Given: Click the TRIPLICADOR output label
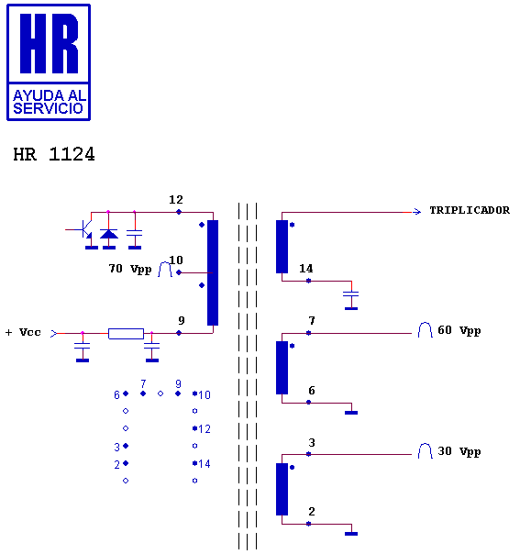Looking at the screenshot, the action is point(470,211).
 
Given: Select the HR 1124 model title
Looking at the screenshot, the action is point(54,154).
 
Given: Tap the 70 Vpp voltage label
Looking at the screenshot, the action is point(130,269).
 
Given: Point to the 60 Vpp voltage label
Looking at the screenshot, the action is point(459,330).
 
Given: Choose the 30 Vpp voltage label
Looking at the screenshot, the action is point(459,451).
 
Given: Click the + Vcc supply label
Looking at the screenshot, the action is point(23,332).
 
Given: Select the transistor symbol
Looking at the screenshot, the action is point(83,229).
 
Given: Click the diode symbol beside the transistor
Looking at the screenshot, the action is point(109,234).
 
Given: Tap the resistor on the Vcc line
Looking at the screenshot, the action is point(127,334).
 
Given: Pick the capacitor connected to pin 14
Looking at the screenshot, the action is point(351,294).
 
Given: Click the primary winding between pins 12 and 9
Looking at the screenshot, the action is point(213,272).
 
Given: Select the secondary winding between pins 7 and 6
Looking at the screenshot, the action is point(282,368).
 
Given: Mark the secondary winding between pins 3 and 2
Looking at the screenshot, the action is point(282,489).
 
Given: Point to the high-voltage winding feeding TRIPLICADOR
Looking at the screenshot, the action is point(282,247).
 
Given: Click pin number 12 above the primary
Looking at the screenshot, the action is point(176,200).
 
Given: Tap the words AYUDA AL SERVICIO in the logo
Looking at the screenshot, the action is point(49,102).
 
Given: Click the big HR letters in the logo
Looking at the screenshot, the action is point(50,43).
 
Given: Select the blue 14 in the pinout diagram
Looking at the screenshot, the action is point(205,463).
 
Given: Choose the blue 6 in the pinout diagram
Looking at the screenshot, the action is point(116,394).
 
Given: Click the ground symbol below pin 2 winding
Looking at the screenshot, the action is point(351,534).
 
